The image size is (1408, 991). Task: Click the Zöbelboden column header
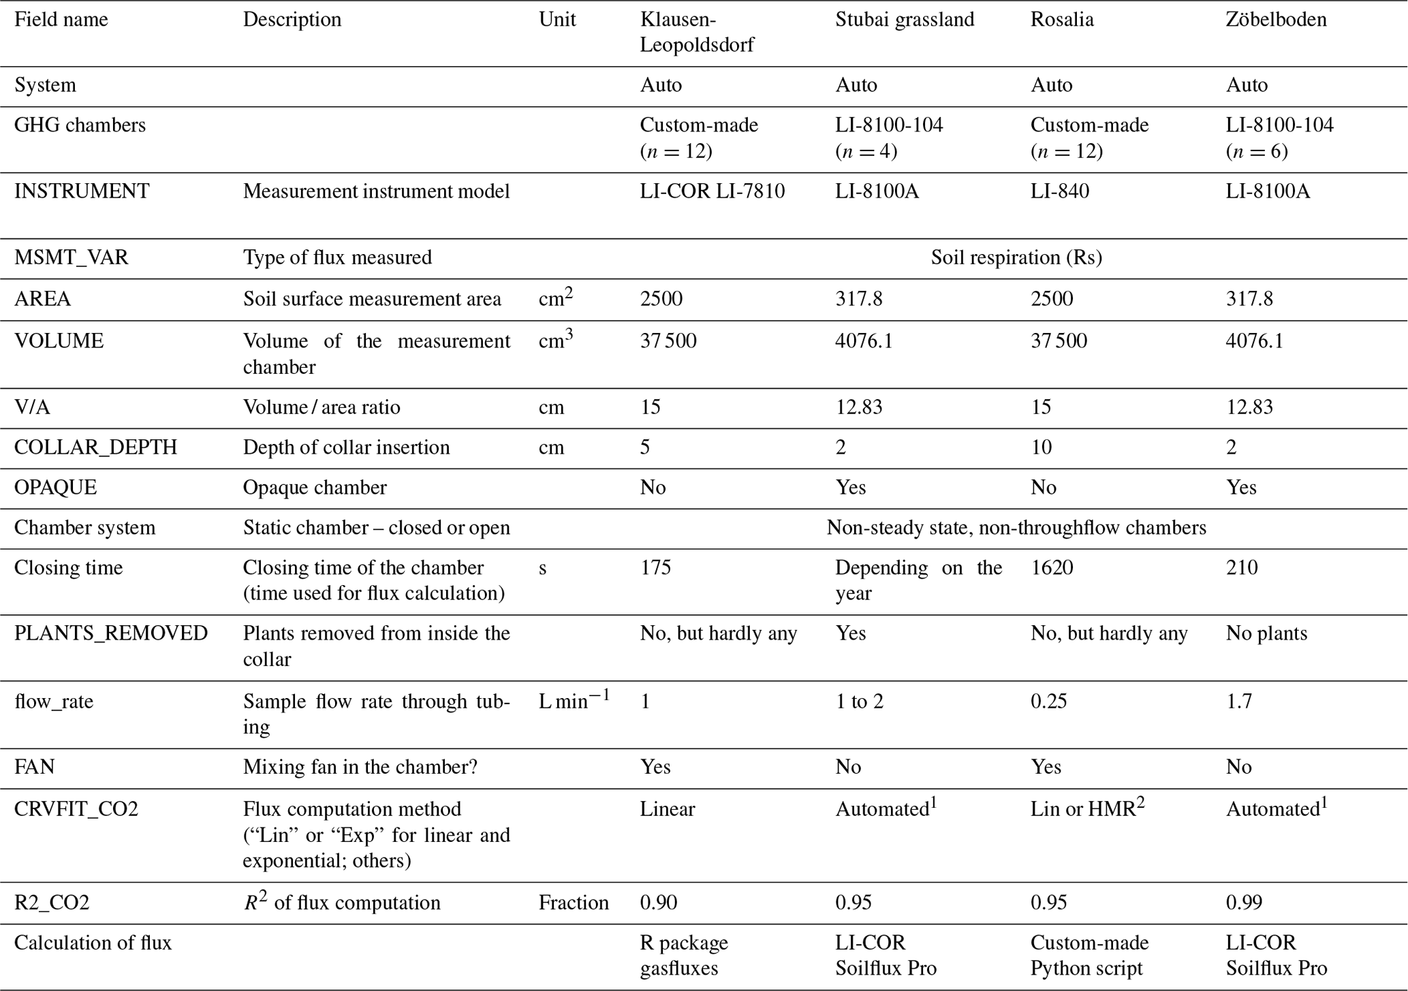tap(1276, 19)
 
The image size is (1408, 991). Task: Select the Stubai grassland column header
tap(905, 19)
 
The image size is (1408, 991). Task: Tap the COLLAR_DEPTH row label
tap(95, 447)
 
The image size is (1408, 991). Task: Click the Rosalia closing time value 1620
tap(1052, 567)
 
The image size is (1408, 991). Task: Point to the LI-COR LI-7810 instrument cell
tap(712, 191)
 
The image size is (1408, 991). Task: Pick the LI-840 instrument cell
tap(1059, 191)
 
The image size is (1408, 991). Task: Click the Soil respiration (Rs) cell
tap(1016, 257)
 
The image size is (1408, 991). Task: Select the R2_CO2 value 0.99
tap(1244, 902)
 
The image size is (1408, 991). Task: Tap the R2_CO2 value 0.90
tap(659, 902)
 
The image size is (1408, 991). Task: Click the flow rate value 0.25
tap(1048, 702)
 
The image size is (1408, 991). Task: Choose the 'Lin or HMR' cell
tap(1087, 809)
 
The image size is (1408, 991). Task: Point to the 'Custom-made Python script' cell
tap(1089, 956)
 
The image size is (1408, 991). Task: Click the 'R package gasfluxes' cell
tap(684, 956)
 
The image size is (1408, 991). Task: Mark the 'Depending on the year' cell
tap(918, 580)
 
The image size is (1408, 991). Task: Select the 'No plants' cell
tap(1266, 633)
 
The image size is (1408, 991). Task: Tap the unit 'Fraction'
tap(574, 902)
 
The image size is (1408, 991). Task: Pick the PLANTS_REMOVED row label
tap(111, 633)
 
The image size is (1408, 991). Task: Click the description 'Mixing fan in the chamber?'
tap(360, 768)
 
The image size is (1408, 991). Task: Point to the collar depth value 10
tap(1041, 447)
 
